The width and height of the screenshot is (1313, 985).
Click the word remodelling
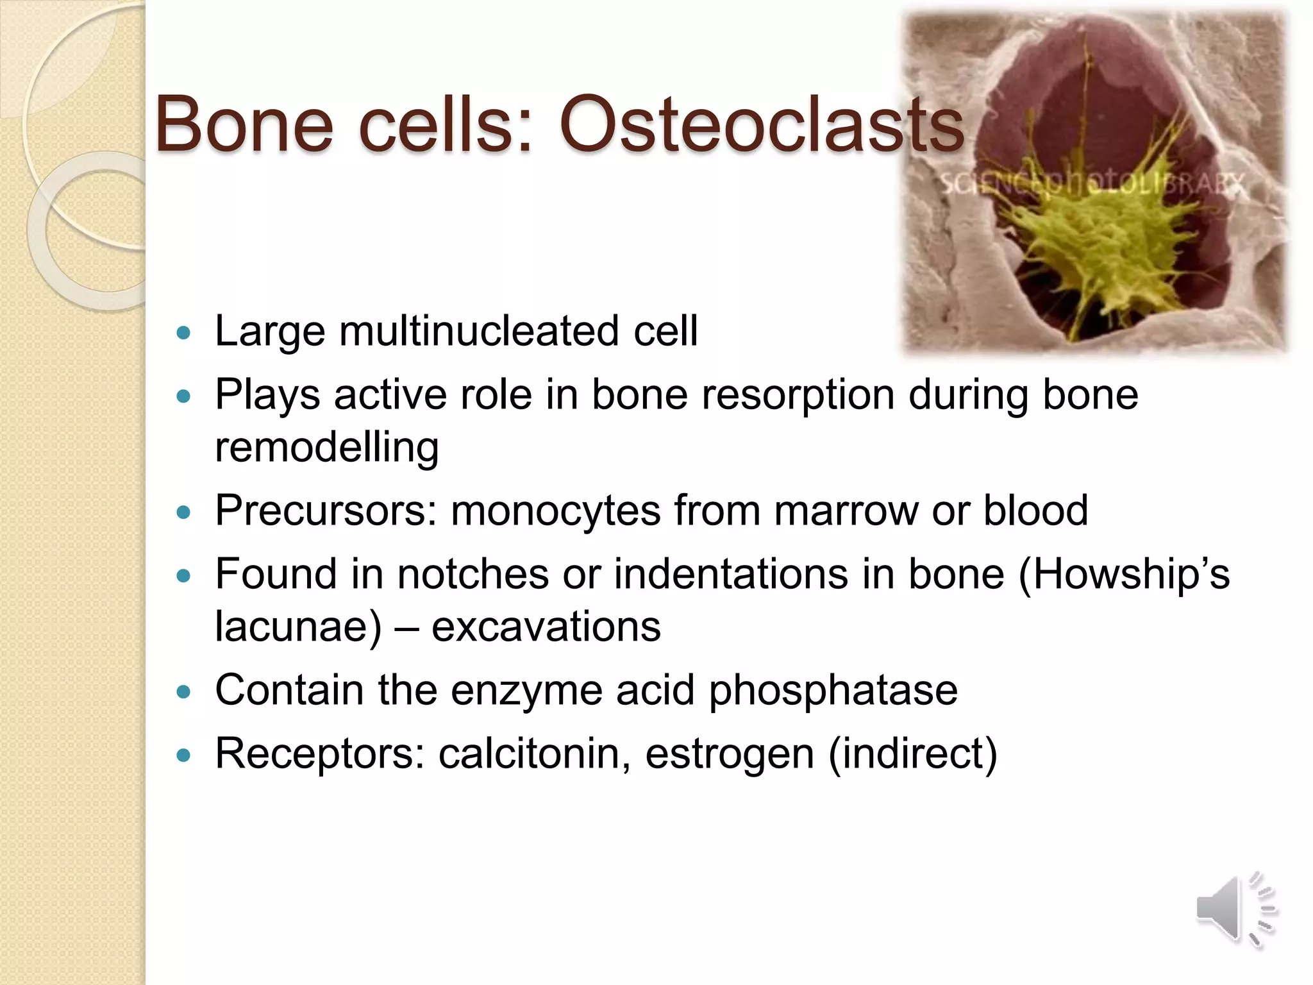click(x=326, y=447)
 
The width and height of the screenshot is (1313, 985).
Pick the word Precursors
click(x=326, y=510)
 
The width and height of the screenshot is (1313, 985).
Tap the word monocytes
click(x=555, y=512)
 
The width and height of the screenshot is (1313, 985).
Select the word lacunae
click(x=298, y=627)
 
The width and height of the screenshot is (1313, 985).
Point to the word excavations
click(x=546, y=627)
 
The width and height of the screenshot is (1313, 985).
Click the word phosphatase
click(x=833, y=691)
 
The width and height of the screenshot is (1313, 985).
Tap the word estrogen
click(x=729, y=755)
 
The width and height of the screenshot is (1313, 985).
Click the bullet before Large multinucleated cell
click(x=184, y=333)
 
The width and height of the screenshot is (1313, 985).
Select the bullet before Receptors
click(x=184, y=755)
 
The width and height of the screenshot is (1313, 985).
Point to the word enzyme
click(x=526, y=691)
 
